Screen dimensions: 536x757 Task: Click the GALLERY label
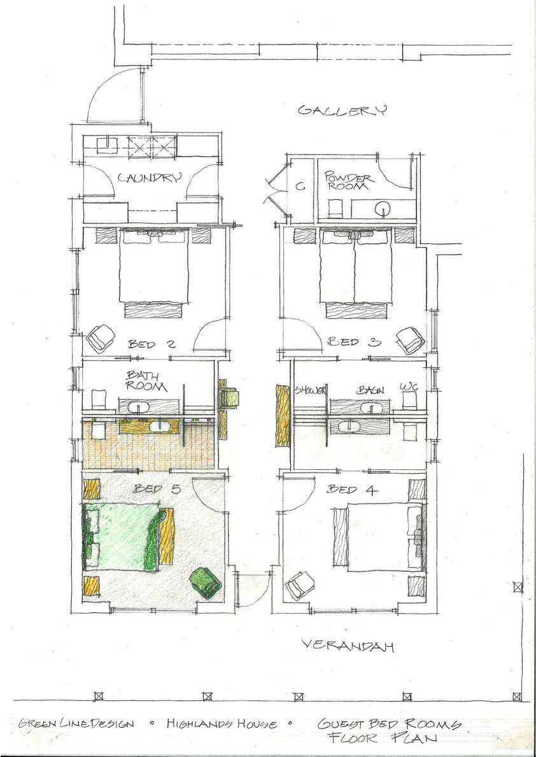click(x=342, y=111)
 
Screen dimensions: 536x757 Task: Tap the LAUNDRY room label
click(x=150, y=178)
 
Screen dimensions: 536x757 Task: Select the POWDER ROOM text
click(x=349, y=181)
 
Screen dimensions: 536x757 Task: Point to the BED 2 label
click(x=145, y=344)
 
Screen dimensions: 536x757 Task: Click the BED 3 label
click(x=355, y=342)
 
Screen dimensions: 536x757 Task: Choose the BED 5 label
click(x=157, y=488)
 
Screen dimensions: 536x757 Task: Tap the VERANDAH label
click(x=348, y=646)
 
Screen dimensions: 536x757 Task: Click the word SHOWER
click(x=311, y=390)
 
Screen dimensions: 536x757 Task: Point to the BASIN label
click(x=371, y=390)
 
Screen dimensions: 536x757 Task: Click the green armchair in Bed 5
click(x=206, y=583)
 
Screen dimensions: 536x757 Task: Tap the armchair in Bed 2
click(x=101, y=338)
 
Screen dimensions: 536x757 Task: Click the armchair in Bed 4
click(x=300, y=586)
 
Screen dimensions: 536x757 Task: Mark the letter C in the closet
click(x=300, y=187)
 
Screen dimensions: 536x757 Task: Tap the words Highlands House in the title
click(x=222, y=724)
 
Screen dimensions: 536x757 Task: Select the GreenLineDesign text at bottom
click(x=76, y=724)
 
